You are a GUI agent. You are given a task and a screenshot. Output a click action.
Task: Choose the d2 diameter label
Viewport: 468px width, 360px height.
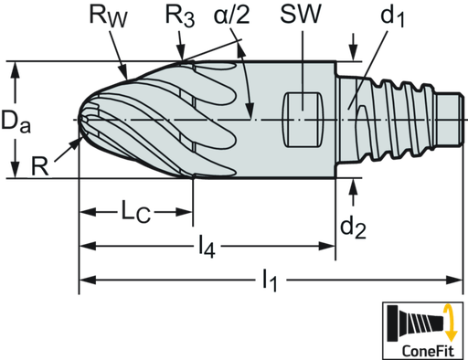352,227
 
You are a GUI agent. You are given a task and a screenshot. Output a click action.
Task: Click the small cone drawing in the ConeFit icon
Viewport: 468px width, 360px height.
411,323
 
